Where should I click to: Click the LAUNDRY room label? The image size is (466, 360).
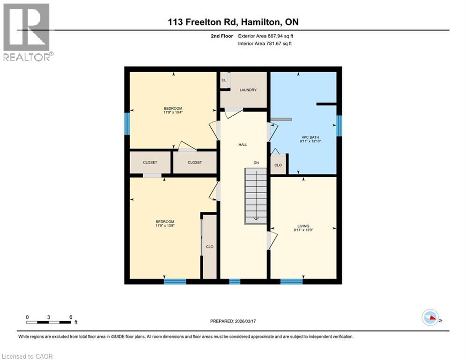(248, 90)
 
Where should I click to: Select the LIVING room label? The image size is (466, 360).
(303, 226)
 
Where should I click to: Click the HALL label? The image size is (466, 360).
(243, 145)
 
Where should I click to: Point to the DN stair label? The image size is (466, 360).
(256, 163)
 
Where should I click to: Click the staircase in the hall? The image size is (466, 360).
(255, 196)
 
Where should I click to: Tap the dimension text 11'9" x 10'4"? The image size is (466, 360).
(173, 112)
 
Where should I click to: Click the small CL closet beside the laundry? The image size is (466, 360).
(224, 80)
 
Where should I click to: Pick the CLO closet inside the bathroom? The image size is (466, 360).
(278, 165)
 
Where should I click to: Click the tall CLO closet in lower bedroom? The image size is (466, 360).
(210, 247)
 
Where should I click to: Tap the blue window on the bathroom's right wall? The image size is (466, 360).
(339, 126)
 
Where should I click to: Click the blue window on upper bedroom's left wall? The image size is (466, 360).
(126, 124)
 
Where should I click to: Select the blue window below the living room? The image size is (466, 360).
(291, 282)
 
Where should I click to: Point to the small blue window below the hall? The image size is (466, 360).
(235, 282)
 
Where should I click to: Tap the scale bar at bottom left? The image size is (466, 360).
(49, 322)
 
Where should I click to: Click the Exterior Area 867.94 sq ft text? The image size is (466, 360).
(266, 36)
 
